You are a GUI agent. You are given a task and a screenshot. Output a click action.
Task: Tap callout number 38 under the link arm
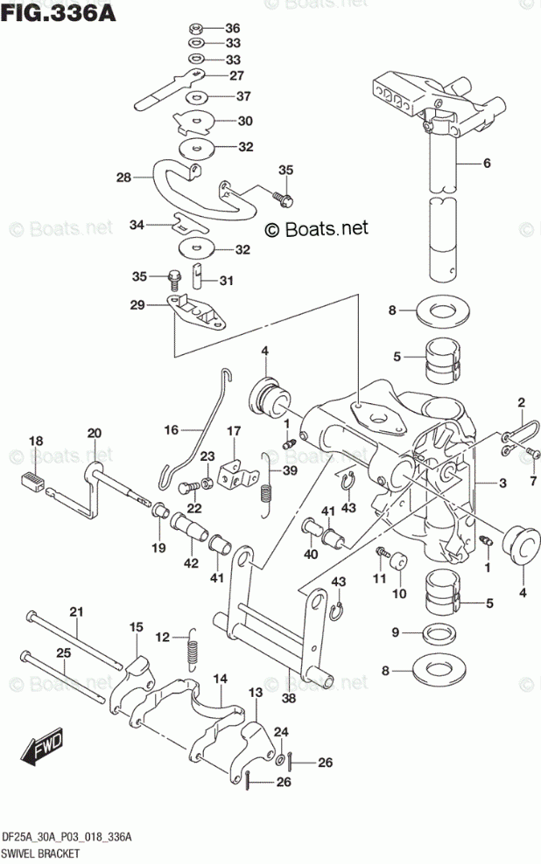pos(288,698)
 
